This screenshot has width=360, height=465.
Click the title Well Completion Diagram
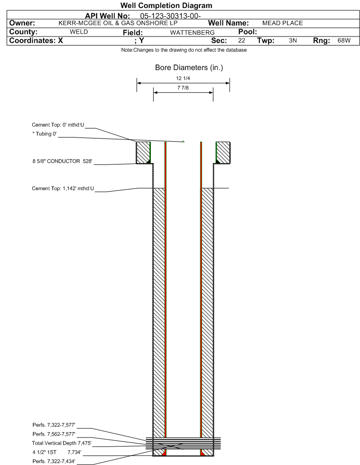click(x=166, y=5)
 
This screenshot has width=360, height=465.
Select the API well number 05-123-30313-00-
click(x=170, y=16)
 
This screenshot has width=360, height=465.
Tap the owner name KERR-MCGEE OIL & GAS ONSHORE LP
click(x=118, y=23)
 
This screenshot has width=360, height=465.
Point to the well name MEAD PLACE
click(x=283, y=23)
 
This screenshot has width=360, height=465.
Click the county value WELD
click(x=79, y=32)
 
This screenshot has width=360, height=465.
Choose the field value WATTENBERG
click(x=192, y=32)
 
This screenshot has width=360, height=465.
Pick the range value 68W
click(x=344, y=40)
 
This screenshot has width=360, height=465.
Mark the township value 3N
click(x=293, y=40)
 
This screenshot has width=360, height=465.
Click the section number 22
click(x=241, y=40)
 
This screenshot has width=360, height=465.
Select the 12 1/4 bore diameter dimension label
click(x=183, y=78)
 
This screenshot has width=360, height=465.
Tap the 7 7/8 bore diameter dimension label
click(x=183, y=88)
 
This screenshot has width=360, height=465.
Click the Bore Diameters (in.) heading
click(x=189, y=68)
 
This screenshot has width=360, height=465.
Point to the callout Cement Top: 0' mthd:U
click(x=58, y=125)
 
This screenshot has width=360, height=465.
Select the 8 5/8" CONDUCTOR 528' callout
click(x=62, y=161)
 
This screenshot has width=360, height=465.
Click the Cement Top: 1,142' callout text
click(x=63, y=189)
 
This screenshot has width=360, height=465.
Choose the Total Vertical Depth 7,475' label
click(x=62, y=443)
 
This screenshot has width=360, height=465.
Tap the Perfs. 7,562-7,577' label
click(x=54, y=434)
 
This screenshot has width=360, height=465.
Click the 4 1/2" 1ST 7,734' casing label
click(x=57, y=452)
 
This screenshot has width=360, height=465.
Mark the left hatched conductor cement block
click(x=143, y=153)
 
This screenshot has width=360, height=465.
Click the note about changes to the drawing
click(x=184, y=50)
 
